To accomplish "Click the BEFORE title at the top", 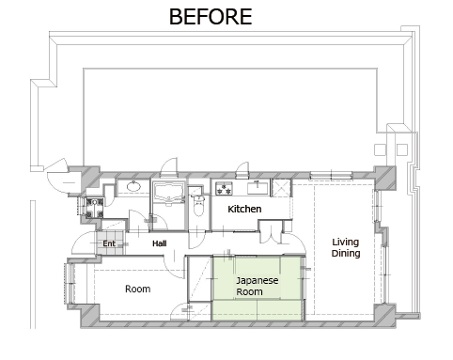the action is pyautogui.click(x=211, y=17).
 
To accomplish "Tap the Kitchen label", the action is pyautogui.click(x=244, y=209).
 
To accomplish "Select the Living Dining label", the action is pyautogui.click(x=346, y=247).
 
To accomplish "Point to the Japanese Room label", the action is pyautogui.click(x=257, y=286).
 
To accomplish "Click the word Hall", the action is pyautogui.click(x=160, y=243).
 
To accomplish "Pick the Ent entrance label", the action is pyautogui.click(x=109, y=243).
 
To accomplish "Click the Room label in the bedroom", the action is pyautogui.click(x=137, y=289).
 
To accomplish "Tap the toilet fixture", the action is pyautogui.click(x=198, y=205).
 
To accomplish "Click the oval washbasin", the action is pyautogui.click(x=133, y=186).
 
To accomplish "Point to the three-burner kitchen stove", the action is pyautogui.click(x=224, y=188).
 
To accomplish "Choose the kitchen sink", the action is pyautogui.click(x=258, y=188).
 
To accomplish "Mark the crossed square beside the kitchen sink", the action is pyautogui.click(x=281, y=188).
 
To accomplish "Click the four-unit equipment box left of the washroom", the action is pyautogui.click(x=94, y=208).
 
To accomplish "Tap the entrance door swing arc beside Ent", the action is pyautogui.click(x=82, y=243).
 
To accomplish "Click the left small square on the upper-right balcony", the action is pyautogui.click(x=380, y=149).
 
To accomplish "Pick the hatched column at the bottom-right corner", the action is pyautogui.click(x=384, y=314).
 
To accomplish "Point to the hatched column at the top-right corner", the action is pyautogui.click(x=384, y=178).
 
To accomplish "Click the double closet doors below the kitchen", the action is pyautogui.click(x=271, y=232).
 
